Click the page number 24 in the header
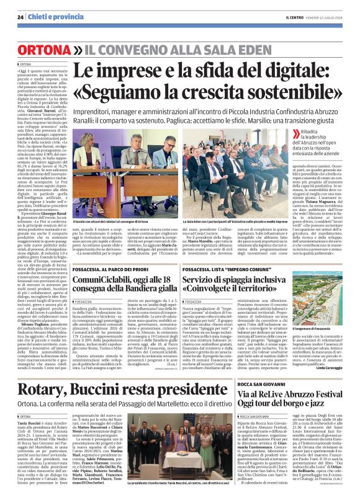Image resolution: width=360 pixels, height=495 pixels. (x=21, y=17)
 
